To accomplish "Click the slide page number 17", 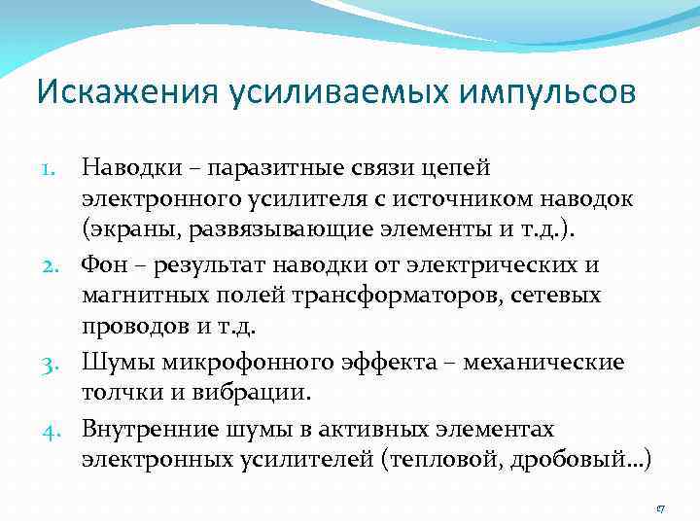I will [659, 508].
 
